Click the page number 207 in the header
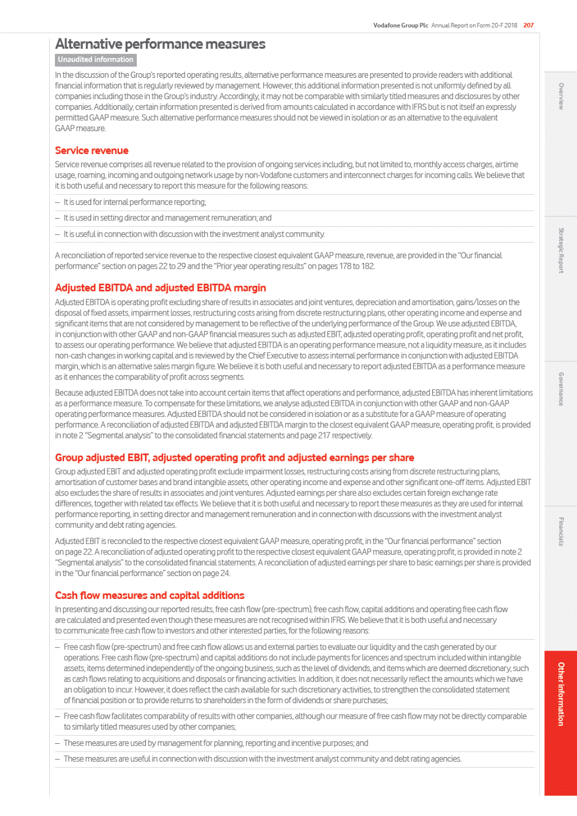click(528, 25)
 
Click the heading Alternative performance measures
click(160, 44)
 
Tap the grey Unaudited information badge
click(96, 60)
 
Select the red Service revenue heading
click(92, 151)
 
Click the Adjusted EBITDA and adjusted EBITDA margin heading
click(160, 288)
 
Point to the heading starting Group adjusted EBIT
click(234, 458)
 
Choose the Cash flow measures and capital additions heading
click(149, 596)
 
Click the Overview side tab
click(561, 96)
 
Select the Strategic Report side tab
click(561, 250)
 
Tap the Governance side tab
click(561, 389)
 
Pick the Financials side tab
click(561, 531)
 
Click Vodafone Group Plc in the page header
click(401, 25)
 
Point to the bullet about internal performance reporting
click(135, 202)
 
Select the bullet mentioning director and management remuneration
click(167, 218)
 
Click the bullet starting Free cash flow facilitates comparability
click(295, 722)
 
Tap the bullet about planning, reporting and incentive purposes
click(216, 743)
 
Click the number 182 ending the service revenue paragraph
click(367, 266)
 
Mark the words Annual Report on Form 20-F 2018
click(474, 25)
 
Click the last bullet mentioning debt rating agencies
click(262, 759)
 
